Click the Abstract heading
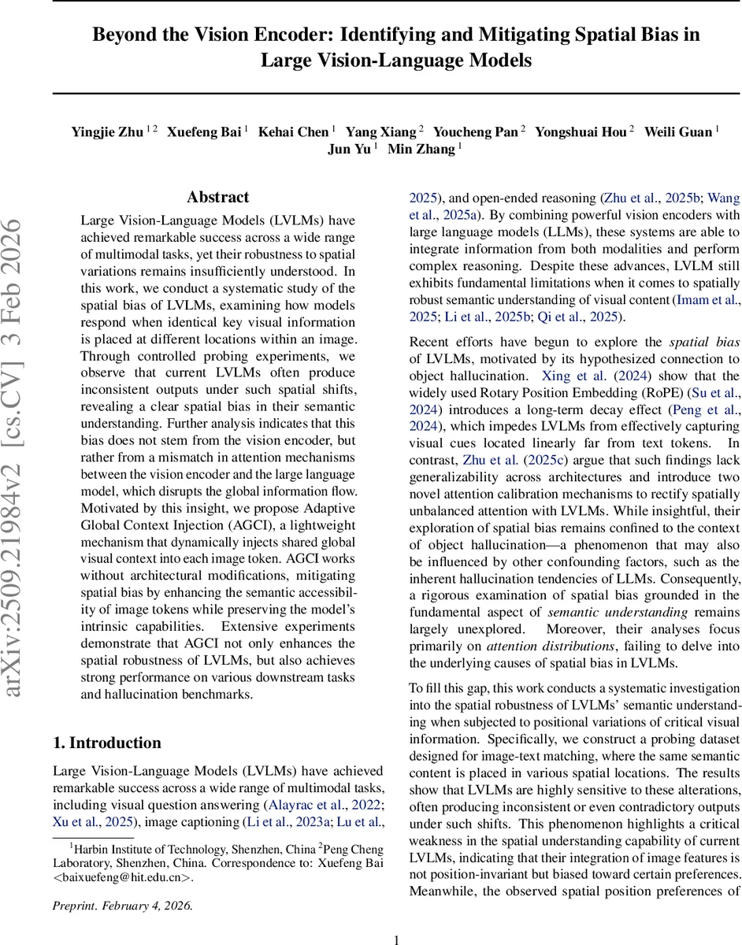pyautogui.click(x=217, y=197)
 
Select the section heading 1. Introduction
pyautogui.click(x=106, y=743)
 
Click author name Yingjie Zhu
pyautogui.click(x=107, y=132)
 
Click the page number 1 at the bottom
pyautogui.click(x=397, y=939)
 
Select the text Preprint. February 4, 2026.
pyautogui.click(x=122, y=905)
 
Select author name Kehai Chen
pyautogui.click(x=295, y=132)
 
